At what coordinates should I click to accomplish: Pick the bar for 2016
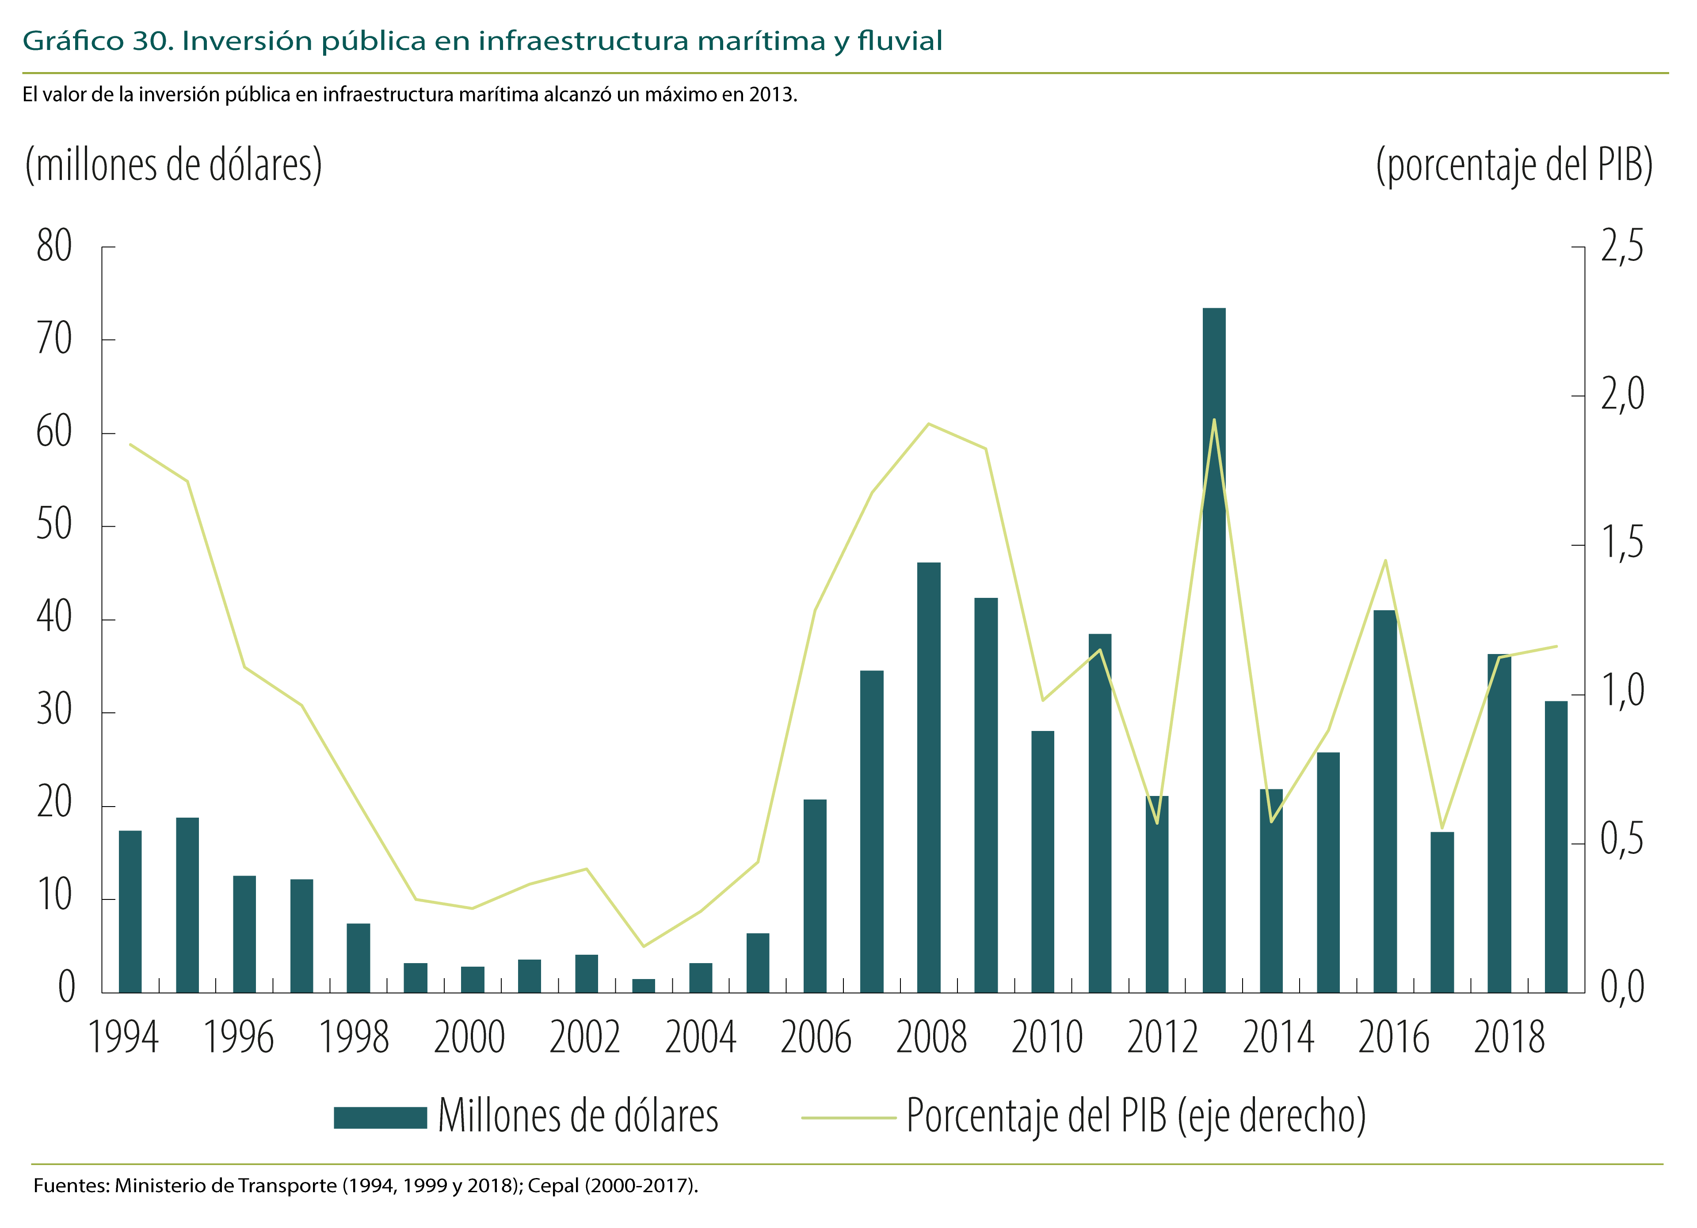point(1385,801)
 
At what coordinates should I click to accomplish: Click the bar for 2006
point(815,896)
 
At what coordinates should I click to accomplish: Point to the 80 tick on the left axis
point(54,246)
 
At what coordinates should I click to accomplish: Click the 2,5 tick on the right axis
point(1622,246)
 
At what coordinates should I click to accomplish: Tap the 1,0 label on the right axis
point(1622,692)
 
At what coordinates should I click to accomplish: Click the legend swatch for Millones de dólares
point(380,1117)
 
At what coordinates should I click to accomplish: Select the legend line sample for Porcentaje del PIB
point(849,1118)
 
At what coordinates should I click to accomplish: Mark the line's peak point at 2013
point(1214,420)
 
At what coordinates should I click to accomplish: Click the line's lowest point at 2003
point(644,946)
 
